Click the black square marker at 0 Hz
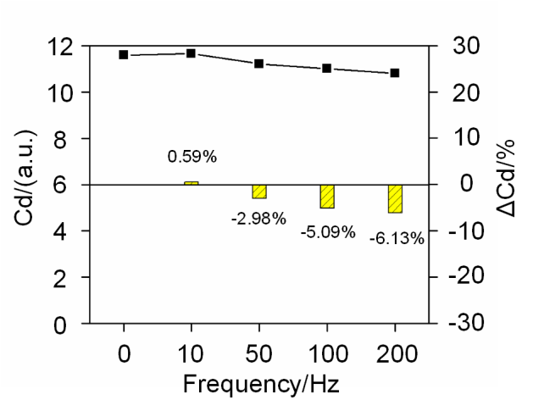(124, 55)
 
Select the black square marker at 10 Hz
(191, 53)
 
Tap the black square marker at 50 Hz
(259, 64)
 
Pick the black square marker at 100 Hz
(327, 69)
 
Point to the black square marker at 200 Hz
(395, 73)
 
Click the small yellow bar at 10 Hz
(192, 183)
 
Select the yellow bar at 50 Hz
(259, 192)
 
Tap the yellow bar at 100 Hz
(327, 197)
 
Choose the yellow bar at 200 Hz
(396, 199)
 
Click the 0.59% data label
(192, 157)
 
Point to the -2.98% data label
(258, 219)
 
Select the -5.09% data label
(328, 232)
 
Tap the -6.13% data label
(397, 239)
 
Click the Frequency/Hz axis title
(261, 385)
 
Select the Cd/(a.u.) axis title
(25, 177)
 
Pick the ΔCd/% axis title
(506, 178)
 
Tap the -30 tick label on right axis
(466, 323)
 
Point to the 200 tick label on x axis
(397, 354)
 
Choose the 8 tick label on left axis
(59, 138)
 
